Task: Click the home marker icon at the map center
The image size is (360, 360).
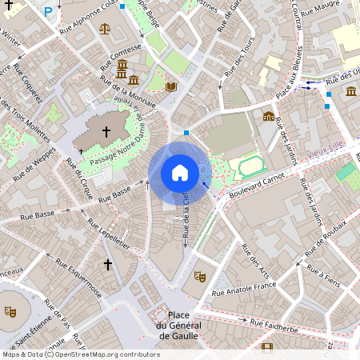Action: [x=180, y=172]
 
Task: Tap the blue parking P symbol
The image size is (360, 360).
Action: [x=49, y=12]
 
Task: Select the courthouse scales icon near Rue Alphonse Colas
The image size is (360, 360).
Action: [x=106, y=28]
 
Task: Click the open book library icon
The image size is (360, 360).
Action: [x=170, y=86]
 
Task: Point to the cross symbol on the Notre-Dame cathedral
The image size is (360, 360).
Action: [x=106, y=131]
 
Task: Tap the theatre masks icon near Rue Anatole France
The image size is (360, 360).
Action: [x=199, y=276]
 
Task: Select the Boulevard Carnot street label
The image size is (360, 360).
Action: [x=257, y=184]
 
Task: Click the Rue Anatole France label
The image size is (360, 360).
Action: [x=243, y=290]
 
